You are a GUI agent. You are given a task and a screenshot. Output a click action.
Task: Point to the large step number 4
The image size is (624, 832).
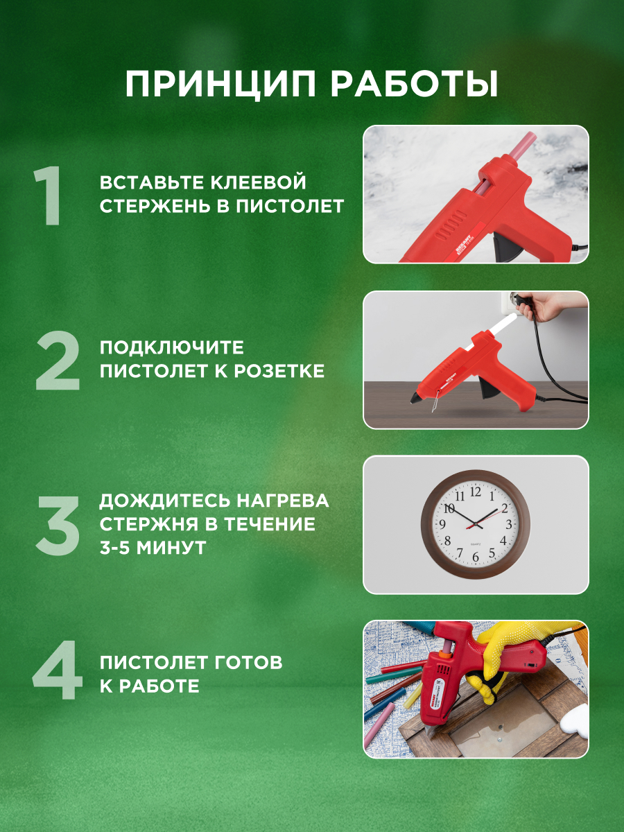pyautogui.click(x=57, y=674)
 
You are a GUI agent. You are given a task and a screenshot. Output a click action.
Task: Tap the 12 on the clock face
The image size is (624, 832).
pyautogui.click(x=476, y=492)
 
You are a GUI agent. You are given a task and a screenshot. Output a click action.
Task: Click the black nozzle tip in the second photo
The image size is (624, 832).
pyautogui.click(x=415, y=400)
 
